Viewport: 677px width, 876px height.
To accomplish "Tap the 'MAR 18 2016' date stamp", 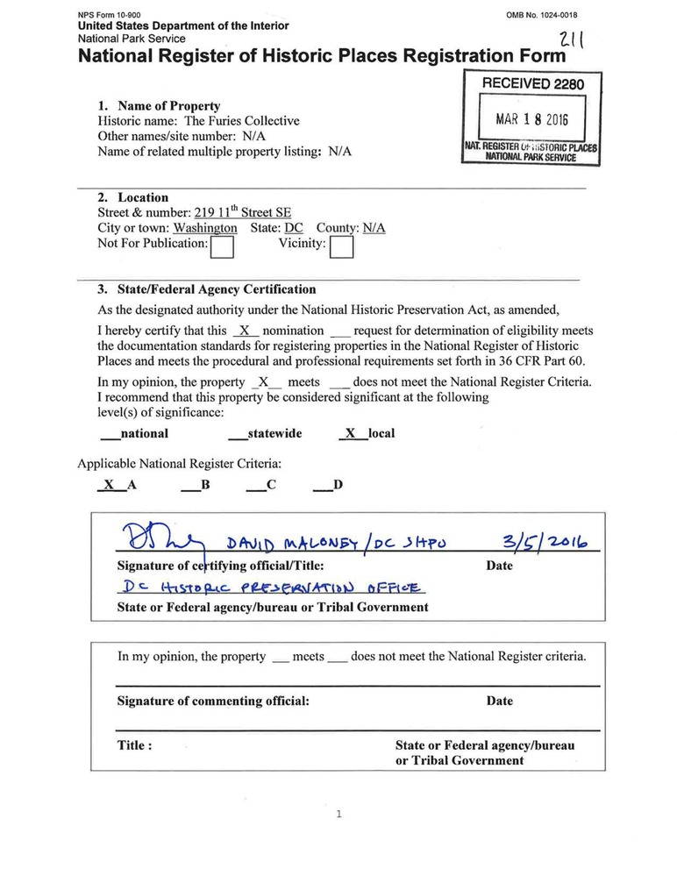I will [531, 119].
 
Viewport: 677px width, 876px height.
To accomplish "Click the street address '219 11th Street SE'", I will [243, 213].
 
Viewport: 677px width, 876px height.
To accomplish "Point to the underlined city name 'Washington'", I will [205, 228].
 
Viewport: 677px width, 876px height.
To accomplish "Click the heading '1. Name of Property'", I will [159, 106].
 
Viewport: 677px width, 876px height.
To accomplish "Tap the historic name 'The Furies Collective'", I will [241, 121].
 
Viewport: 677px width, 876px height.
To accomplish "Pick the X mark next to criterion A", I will [108, 484].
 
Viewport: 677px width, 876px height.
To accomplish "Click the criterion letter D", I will [338, 484].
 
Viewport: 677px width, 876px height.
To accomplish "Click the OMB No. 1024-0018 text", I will [543, 16].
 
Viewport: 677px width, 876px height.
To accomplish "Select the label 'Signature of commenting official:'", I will [213, 701].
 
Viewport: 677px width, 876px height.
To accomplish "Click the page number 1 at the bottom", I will [338, 815].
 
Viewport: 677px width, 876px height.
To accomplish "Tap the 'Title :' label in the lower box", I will [135, 745].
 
